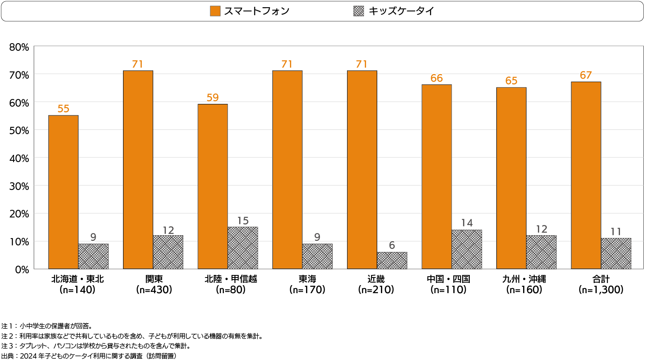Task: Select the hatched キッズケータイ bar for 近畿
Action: click(x=392, y=260)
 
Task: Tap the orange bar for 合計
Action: click(x=586, y=175)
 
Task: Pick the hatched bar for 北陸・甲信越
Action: click(x=243, y=247)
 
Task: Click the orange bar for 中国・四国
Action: click(x=436, y=176)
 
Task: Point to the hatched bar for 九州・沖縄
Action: click(x=541, y=252)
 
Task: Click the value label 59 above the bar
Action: click(x=212, y=98)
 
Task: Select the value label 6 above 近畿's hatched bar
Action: click(x=392, y=245)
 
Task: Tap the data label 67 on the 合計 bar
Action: click(x=586, y=75)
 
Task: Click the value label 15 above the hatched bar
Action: click(x=243, y=221)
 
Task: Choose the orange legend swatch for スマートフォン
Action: click(x=215, y=11)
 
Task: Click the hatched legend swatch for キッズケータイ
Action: click(x=358, y=11)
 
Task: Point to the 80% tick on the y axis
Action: click(x=19, y=47)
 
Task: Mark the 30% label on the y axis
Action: click(x=19, y=186)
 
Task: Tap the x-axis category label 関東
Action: click(x=154, y=279)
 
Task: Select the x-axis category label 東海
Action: click(x=307, y=279)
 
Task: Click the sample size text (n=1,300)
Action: click(x=601, y=290)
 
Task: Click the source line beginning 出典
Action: click(x=88, y=356)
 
